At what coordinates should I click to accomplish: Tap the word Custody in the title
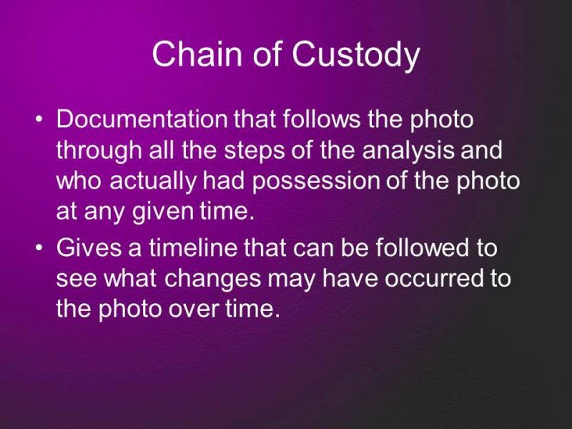click(355, 56)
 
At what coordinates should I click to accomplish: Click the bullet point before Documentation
click(39, 119)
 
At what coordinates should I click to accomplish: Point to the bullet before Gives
click(39, 247)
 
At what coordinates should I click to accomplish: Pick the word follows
click(321, 119)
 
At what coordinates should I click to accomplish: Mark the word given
click(162, 212)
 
